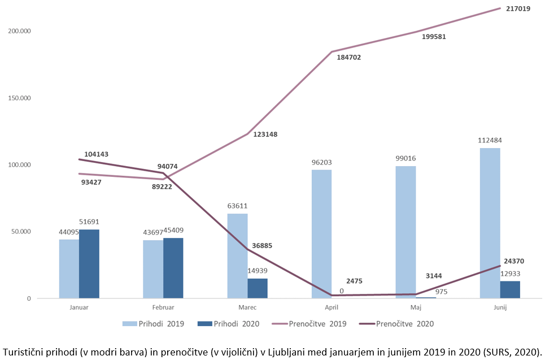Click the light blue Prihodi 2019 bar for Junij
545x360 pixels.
[490, 223]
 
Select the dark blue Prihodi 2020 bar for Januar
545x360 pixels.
[89, 264]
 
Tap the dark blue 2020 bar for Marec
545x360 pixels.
[258, 288]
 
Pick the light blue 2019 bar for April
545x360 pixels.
[322, 234]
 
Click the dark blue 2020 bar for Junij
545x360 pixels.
[510, 289]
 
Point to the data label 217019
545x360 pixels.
[519, 9]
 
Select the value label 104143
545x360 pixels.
[97, 154]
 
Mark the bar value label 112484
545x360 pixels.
[490, 141]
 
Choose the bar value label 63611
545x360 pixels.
[238, 206]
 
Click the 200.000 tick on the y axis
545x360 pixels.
[19, 31]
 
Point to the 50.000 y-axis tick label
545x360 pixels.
[21, 232]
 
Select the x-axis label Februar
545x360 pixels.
[163, 307]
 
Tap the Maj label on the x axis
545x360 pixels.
[416, 307]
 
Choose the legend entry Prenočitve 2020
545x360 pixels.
[405, 324]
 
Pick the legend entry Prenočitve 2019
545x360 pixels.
[317, 324]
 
